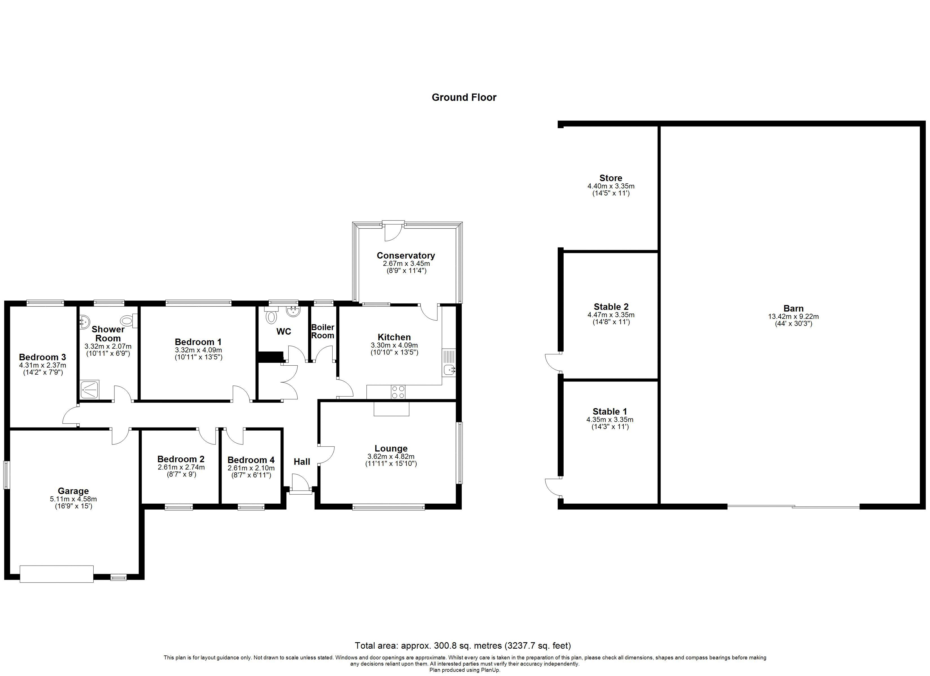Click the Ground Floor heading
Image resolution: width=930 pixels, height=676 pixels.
coord(464,97)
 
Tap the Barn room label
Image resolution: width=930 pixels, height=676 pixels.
coord(793,308)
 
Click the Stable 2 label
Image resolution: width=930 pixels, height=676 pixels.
coord(611,307)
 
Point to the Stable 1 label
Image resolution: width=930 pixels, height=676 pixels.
coord(610,411)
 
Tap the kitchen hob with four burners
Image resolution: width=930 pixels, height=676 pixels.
coord(398,392)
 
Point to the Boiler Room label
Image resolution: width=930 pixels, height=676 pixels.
coord(323,331)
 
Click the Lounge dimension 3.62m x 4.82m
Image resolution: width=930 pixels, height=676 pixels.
coord(391,457)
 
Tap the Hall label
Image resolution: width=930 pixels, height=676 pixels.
coord(302,462)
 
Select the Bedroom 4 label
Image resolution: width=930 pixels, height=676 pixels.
coord(251,460)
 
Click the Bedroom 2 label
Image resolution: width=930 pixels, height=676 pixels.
coord(181,459)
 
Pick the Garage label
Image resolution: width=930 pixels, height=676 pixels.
coord(73,491)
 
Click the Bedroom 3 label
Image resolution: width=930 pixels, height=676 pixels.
coord(42,357)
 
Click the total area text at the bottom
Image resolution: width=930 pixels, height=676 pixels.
coord(462,646)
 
